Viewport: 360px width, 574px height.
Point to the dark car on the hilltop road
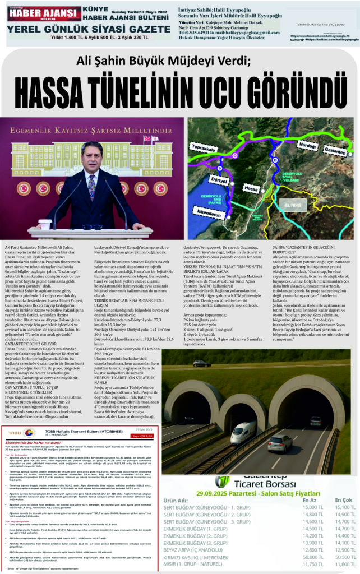202,364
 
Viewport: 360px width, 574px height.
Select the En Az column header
310,501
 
